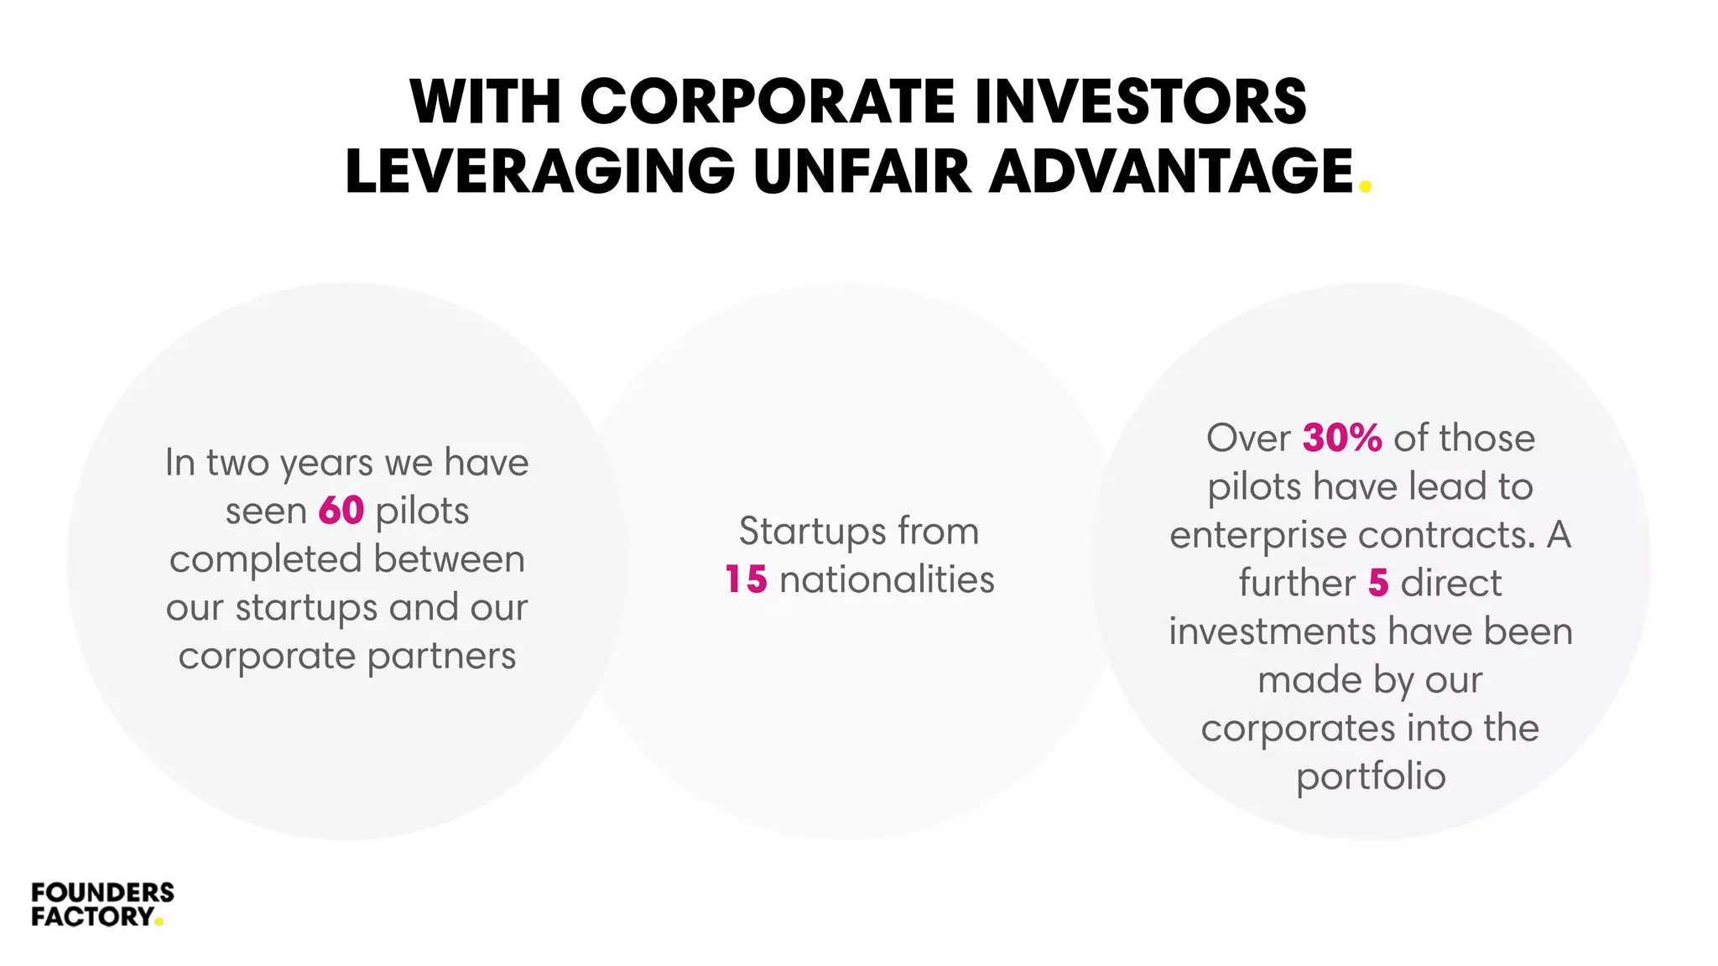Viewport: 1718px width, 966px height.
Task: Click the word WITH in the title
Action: click(484, 102)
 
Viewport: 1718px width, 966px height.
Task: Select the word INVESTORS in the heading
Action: click(1140, 102)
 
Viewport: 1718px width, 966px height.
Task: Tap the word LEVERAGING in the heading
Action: click(539, 171)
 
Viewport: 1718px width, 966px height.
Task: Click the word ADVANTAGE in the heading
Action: click(1171, 171)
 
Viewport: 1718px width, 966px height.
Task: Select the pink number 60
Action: click(341, 511)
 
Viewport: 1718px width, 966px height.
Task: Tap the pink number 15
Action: click(746, 579)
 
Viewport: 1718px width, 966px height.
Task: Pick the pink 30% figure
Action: click(1341, 438)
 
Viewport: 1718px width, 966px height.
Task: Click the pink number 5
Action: click(1378, 583)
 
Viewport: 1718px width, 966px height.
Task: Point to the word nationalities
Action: click(887, 579)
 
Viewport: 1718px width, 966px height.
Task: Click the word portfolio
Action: click(1371, 776)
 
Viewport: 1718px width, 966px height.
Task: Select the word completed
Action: click(266, 559)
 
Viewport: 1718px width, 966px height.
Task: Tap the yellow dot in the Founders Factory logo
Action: click(159, 923)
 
